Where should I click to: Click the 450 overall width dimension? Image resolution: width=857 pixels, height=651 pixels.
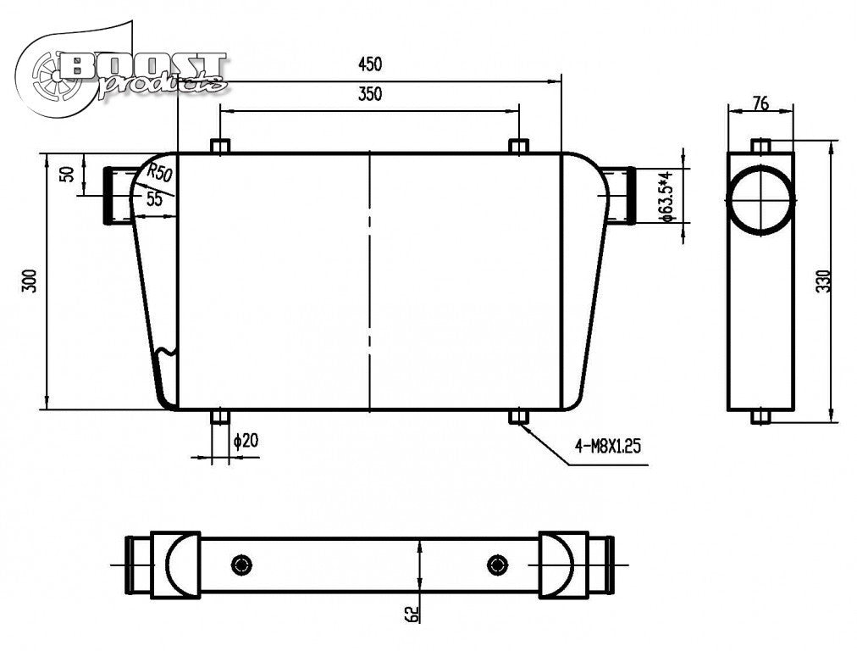pyautogui.click(x=369, y=64)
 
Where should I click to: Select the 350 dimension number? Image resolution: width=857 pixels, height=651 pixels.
pyautogui.click(x=369, y=94)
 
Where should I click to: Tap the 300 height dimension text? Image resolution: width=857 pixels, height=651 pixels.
pyautogui.click(x=30, y=281)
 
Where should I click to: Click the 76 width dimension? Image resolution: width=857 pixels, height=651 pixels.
pyautogui.click(x=760, y=103)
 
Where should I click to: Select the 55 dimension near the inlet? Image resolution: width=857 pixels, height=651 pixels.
pyautogui.click(x=154, y=199)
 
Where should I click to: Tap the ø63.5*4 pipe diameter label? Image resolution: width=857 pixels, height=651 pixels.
pyautogui.click(x=666, y=196)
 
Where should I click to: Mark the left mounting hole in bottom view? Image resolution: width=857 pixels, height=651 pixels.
pyautogui.click(x=242, y=564)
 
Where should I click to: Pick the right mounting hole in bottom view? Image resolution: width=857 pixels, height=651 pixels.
pyautogui.click(x=496, y=564)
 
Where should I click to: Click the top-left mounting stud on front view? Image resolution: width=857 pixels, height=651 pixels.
pyautogui.click(x=220, y=146)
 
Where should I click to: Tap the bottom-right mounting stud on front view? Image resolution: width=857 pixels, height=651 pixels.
pyautogui.click(x=518, y=416)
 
